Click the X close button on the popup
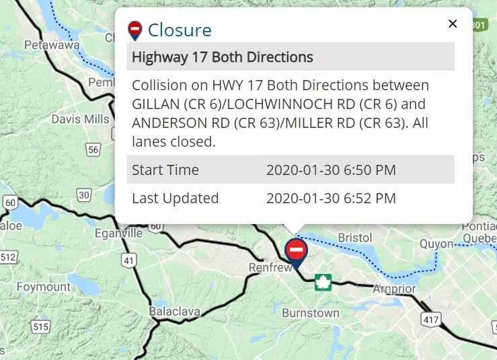(453, 24)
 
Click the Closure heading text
(180, 30)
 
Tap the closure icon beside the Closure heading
(135, 30)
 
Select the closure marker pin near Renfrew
(296, 252)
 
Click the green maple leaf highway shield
(323, 283)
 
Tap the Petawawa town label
(52, 46)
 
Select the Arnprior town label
(394, 289)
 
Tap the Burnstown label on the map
(310, 314)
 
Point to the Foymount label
(44, 287)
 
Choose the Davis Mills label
(80, 120)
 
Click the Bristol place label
(354, 238)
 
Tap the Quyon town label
(436, 244)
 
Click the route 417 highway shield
(431, 319)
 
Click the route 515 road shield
(40, 327)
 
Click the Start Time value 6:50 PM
(331, 170)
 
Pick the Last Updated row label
(175, 199)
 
